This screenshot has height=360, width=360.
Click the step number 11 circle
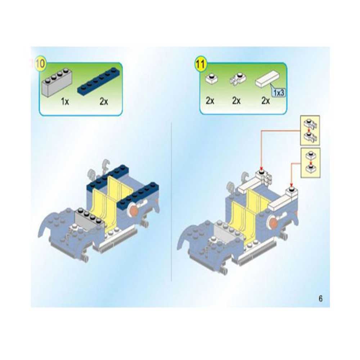[200, 64]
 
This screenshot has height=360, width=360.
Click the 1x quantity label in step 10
[65, 101]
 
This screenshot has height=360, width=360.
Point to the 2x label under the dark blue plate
[104, 101]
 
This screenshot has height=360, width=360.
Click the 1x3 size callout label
[279, 93]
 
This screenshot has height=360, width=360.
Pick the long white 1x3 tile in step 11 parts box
[268, 78]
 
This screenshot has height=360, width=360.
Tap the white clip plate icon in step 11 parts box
[238, 79]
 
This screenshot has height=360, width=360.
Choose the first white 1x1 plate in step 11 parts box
[211, 79]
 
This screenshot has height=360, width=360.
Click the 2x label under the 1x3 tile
[266, 101]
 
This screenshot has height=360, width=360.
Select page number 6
[320, 298]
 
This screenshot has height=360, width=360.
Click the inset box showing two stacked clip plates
[310, 130]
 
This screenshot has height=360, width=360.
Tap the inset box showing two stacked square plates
[310, 163]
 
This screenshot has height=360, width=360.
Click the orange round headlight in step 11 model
[273, 222]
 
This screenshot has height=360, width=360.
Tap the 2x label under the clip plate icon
[237, 101]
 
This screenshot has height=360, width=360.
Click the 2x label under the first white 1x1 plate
[210, 101]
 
